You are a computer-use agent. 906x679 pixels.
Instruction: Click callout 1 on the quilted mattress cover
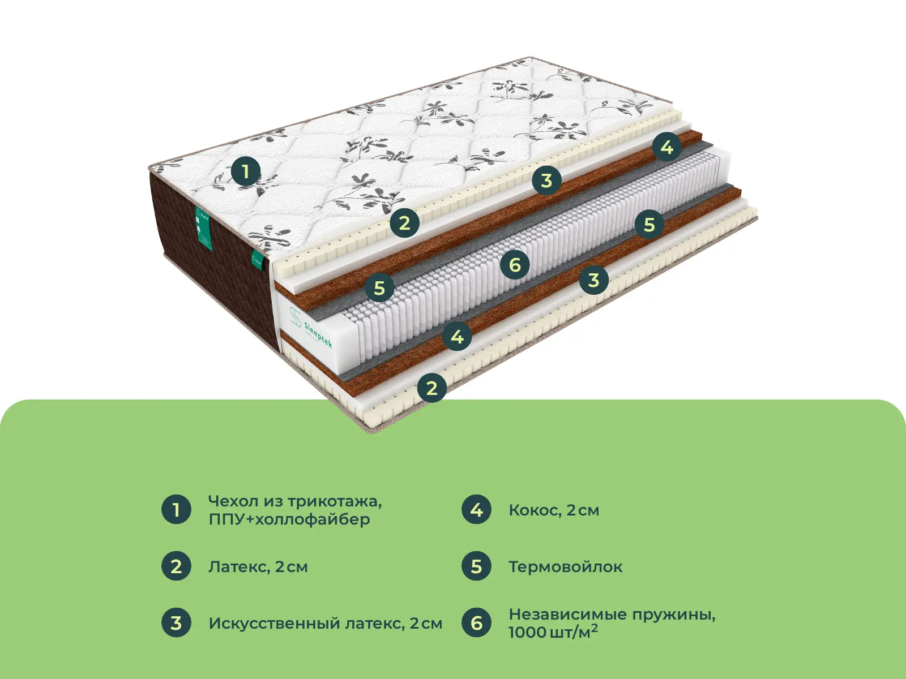(245, 171)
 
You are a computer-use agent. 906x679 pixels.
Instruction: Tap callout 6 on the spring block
(515, 264)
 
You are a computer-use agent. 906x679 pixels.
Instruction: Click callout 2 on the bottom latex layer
(431, 388)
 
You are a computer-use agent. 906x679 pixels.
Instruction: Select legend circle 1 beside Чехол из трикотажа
(176, 509)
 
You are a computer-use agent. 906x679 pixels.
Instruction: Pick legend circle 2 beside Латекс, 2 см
(176, 566)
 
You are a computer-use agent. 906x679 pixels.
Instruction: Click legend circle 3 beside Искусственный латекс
(176, 622)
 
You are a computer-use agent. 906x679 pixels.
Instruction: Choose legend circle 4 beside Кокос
(476, 509)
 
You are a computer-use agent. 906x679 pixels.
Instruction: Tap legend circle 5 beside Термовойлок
(476, 566)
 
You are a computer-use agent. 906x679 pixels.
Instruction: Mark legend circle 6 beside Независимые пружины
(476, 622)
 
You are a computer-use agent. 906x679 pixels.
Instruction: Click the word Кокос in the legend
(535, 510)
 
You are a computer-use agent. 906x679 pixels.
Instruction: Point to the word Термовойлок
(565, 566)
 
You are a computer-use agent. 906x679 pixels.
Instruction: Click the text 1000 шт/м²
(553, 632)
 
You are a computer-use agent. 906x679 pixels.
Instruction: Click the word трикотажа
(334, 501)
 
